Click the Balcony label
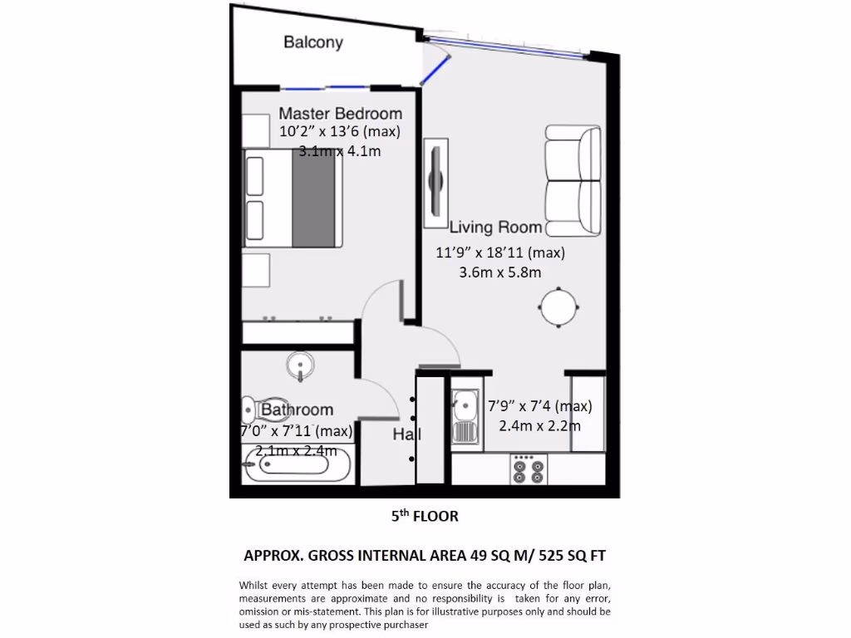click(313, 42)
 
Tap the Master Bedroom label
click(340, 113)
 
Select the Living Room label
click(496, 227)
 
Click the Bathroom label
click(298, 410)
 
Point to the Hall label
click(406, 434)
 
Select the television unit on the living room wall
click(435, 182)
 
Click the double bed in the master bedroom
click(293, 200)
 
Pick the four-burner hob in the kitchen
click(528, 469)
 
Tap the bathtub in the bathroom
click(297, 466)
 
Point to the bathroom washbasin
click(299, 366)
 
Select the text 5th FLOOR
click(425, 516)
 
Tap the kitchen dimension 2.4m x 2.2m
click(539, 425)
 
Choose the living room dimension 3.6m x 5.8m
click(500, 271)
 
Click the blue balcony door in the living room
click(435, 68)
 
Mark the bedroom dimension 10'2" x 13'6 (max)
click(340, 132)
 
